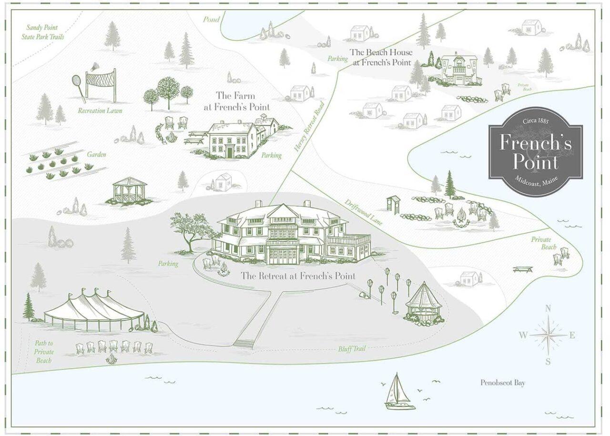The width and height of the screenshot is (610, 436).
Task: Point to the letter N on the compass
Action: (x=548, y=308)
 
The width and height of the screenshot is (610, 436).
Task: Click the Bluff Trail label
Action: (x=352, y=349)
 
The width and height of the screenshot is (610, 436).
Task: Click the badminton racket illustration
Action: (x=79, y=87)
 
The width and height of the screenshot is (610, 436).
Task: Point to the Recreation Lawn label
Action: (x=101, y=111)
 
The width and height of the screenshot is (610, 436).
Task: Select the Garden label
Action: (x=96, y=155)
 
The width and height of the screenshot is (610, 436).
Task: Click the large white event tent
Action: (x=94, y=310)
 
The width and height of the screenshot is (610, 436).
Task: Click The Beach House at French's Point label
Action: (x=381, y=57)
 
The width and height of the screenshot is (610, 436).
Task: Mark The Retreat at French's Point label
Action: (x=298, y=276)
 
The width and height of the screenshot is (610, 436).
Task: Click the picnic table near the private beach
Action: (x=522, y=270)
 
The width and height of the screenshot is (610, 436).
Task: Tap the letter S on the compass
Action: (x=548, y=361)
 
